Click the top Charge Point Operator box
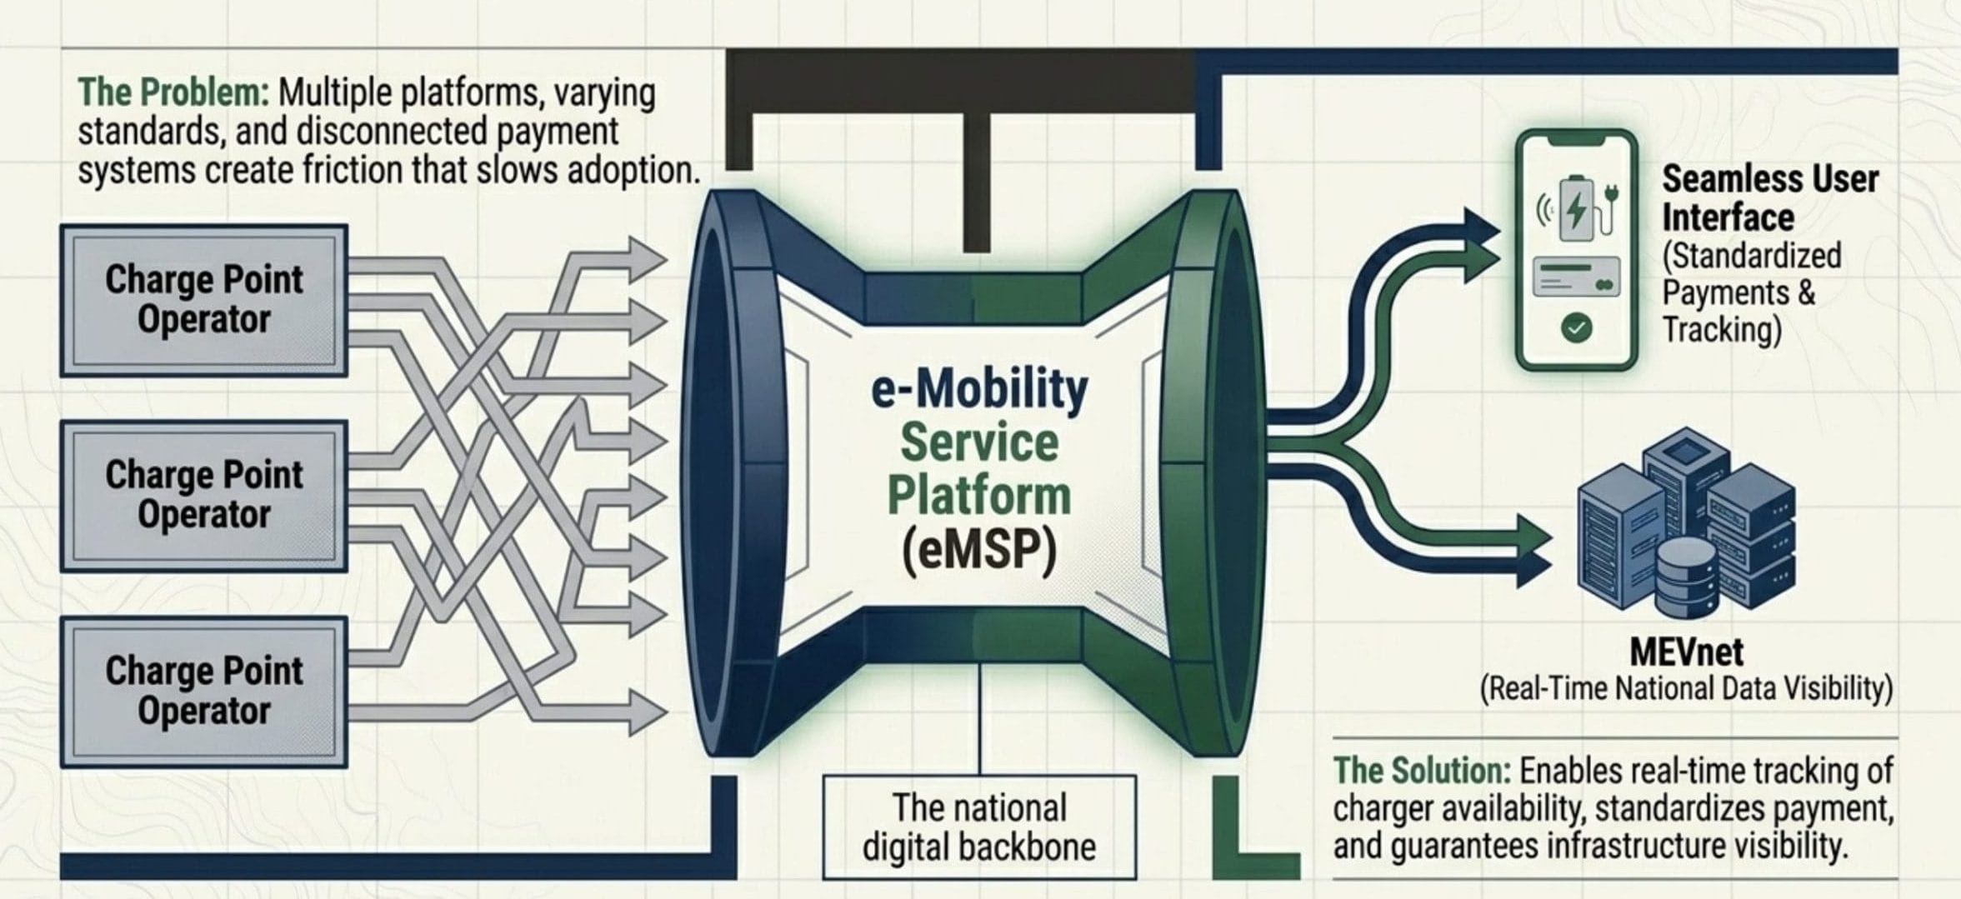pos(204,300)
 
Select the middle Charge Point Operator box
pos(204,495)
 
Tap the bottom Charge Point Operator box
pos(204,691)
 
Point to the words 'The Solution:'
pos(1422,771)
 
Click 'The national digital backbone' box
pos(979,827)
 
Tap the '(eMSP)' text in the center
pos(979,550)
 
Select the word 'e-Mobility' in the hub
pos(979,390)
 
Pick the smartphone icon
pos(1576,249)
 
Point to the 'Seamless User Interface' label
pos(1770,198)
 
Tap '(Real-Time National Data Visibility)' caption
pos(1686,690)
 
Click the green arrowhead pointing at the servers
pos(1533,537)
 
